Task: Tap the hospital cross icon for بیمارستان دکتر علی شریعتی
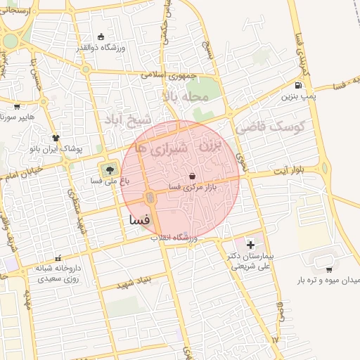[250, 245]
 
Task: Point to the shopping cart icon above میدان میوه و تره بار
[329, 269]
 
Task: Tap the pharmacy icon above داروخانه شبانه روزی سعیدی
[58, 259]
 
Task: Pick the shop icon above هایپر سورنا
[16, 107]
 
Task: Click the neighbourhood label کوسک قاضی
[269, 127]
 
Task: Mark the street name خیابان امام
[22, 171]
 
